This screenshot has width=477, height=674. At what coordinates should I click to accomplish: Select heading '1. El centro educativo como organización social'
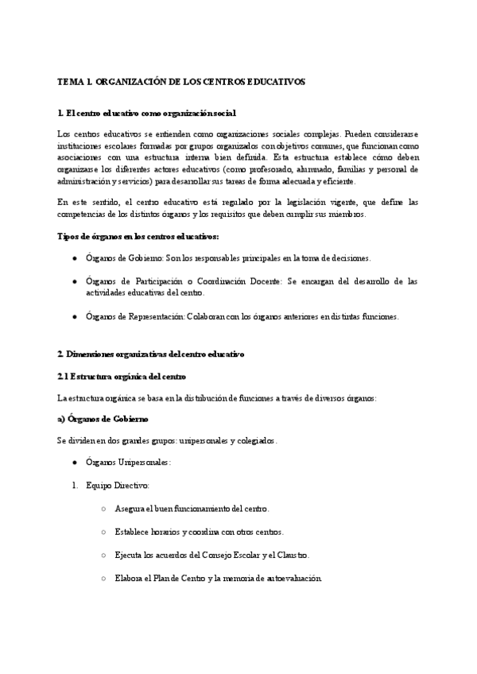click(147, 114)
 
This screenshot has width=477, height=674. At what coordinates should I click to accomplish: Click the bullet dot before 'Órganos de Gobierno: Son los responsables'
click(74, 259)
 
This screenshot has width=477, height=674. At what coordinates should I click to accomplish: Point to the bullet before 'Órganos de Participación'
click(74, 282)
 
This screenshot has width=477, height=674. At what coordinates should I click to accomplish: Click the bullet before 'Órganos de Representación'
click(74, 316)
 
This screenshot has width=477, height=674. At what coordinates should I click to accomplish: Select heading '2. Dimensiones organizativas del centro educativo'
click(152, 353)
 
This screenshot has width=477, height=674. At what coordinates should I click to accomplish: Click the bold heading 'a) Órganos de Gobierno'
click(103, 419)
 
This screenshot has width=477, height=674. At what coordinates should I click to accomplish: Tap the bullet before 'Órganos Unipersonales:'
click(74, 463)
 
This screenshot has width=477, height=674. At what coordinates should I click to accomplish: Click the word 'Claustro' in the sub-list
click(293, 554)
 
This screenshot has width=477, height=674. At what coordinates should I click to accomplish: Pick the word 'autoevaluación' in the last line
click(293, 577)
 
